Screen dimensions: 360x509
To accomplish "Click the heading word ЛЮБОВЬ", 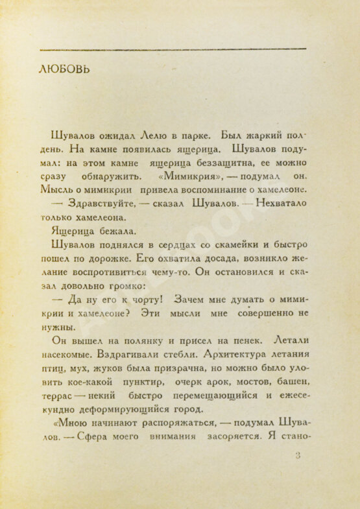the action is click(64, 69).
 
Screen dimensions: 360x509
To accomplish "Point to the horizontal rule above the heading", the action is click(173, 49).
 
